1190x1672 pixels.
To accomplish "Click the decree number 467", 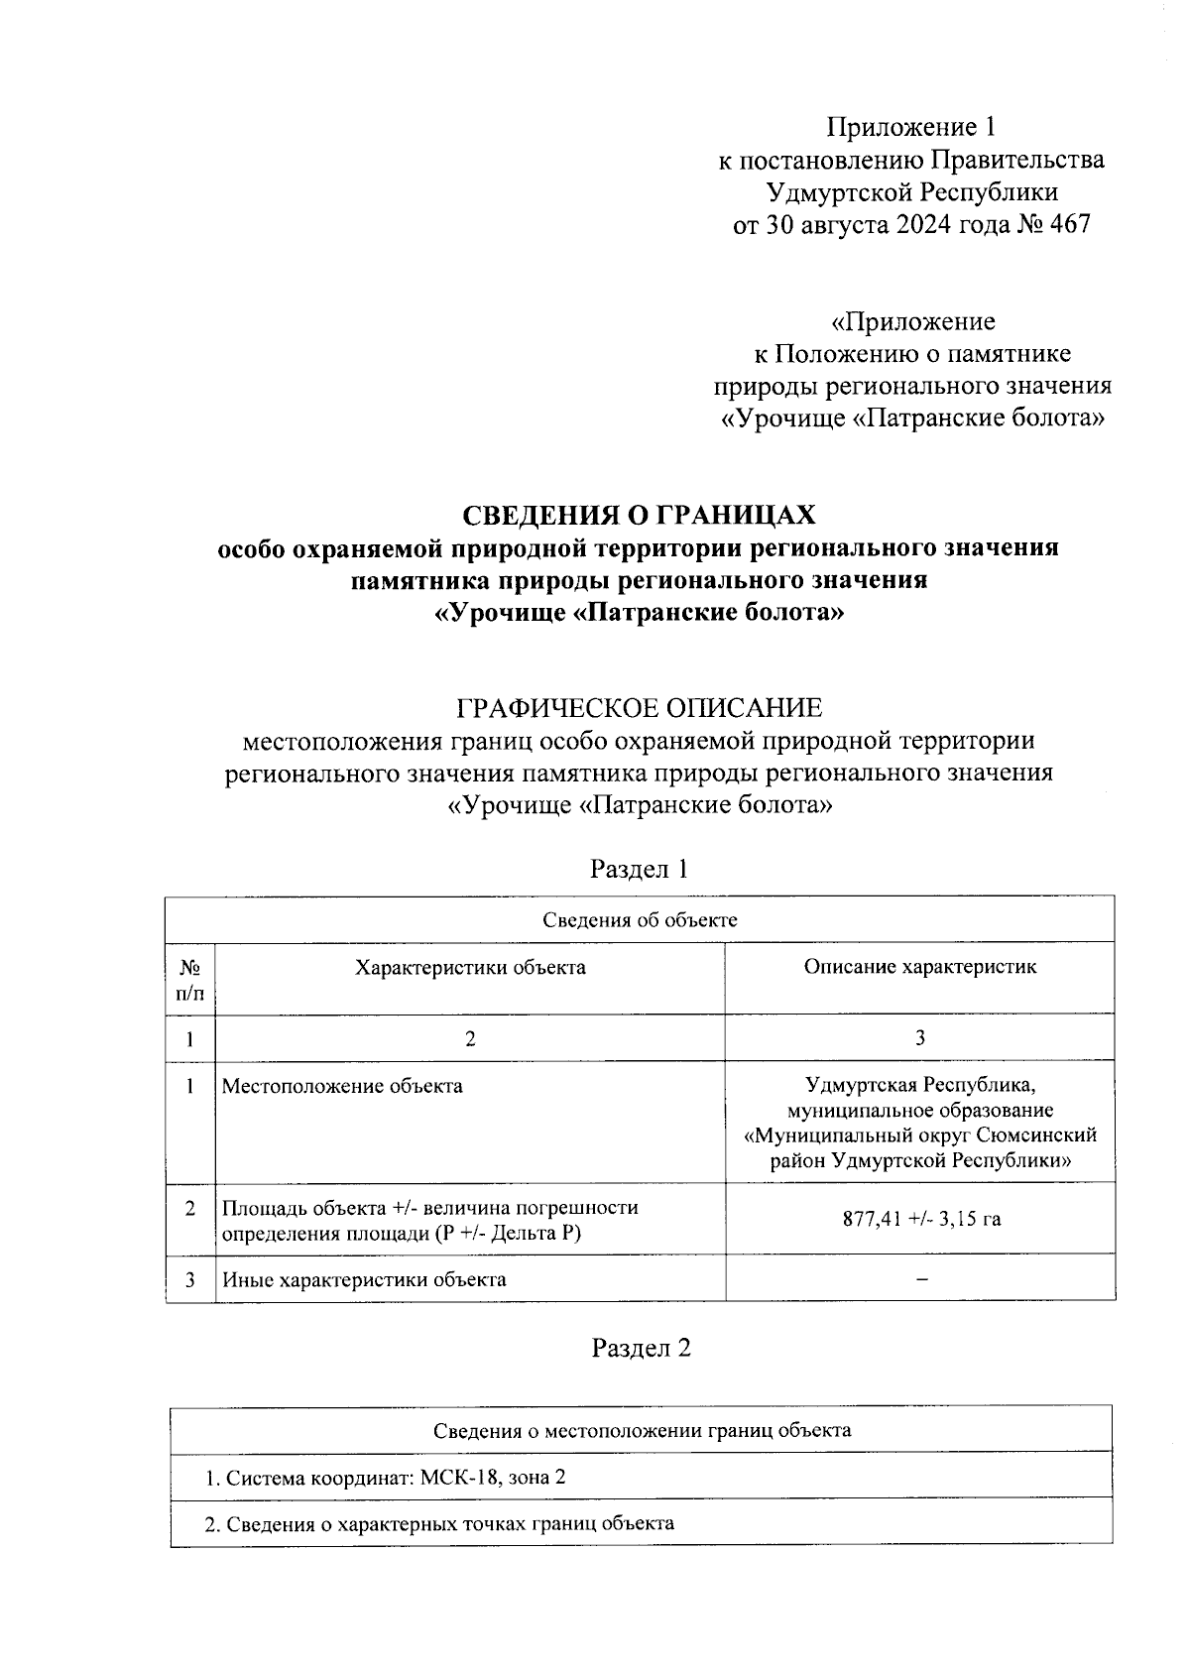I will [x=1068, y=224].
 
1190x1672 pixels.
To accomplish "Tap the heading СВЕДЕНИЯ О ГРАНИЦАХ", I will [x=639, y=516].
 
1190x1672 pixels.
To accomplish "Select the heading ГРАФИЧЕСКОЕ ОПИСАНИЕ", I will [x=639, y=708].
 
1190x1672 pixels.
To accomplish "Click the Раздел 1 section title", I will [x=639, y=869].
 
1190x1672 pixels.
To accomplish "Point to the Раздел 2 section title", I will [x=641, y=1348].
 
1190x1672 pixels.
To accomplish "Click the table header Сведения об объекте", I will [x=640, y=919].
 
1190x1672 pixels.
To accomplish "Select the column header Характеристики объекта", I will [x=470, y=967].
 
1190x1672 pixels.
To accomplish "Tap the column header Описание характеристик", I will [x=919, y=967].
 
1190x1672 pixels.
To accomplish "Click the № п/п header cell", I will [x=189, y=978].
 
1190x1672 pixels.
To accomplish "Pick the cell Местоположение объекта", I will [x=342, y=1086].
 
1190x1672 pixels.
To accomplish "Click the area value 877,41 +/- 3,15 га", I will [x=921, y=1219].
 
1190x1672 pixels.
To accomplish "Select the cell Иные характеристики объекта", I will [x=364, y=1279].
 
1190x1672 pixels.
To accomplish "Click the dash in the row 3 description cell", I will [x=921, y=1279].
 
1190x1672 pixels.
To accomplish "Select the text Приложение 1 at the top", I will [x=910, y=127].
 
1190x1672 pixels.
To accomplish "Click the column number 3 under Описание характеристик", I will [x=920, y=1037].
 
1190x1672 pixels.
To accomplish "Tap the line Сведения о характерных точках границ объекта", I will [x=439, y=1523].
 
